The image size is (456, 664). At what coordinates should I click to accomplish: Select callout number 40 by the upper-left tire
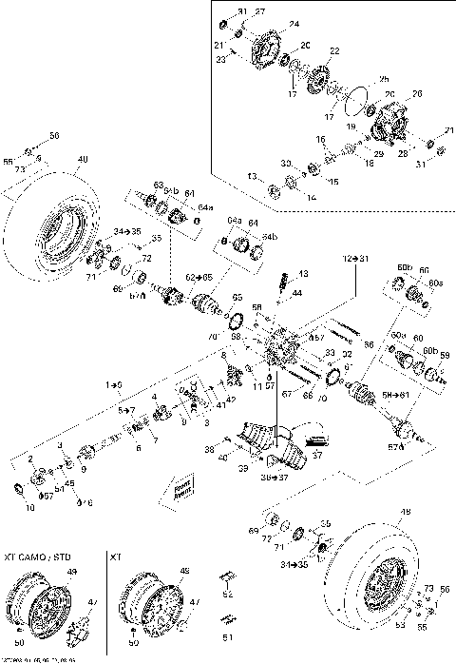click(x=83, y=159)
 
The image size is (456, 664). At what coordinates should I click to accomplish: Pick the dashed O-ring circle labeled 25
click(x=358, y=99)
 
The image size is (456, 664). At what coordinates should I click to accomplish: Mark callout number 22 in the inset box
click(x=333, y=49)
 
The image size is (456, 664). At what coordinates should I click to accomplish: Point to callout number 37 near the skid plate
click(x=317, y=455)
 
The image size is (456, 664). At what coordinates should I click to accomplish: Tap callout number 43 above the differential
click(x=303, y=273)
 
